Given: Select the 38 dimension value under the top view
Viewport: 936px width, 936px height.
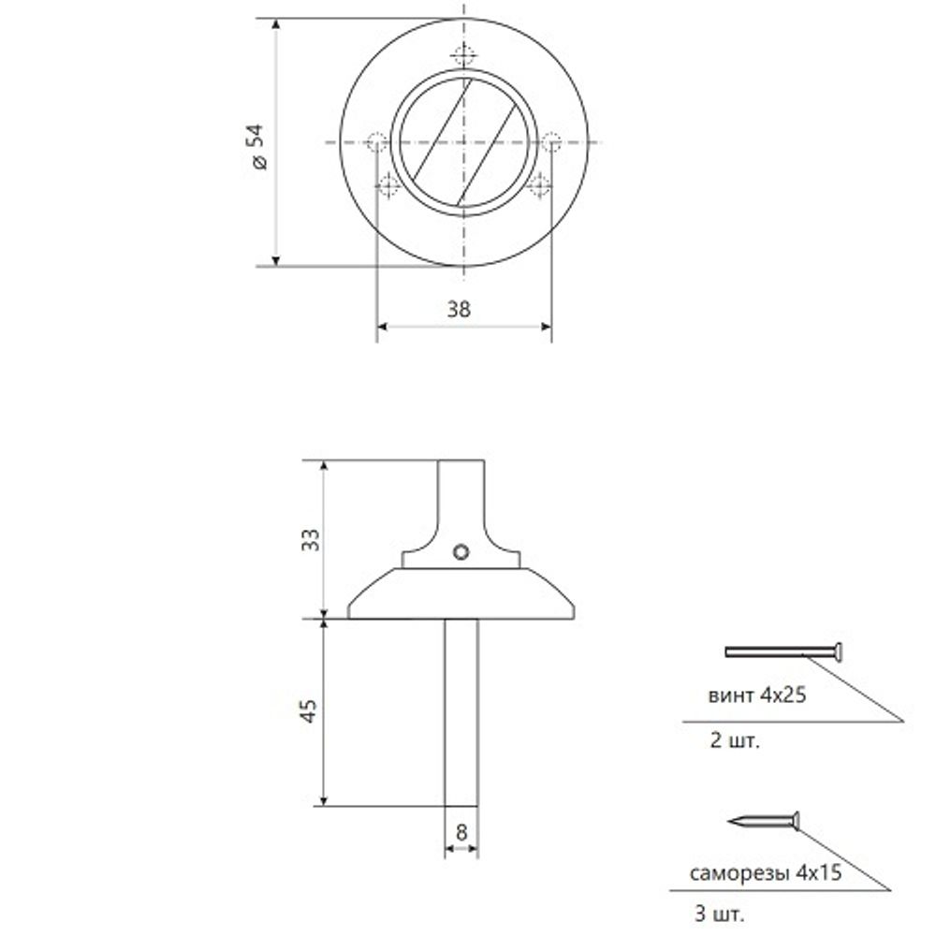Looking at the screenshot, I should click(459, 310).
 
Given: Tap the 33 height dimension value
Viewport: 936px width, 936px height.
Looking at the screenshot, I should click(311, 539).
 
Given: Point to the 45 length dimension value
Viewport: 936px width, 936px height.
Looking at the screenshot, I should click(311, 711).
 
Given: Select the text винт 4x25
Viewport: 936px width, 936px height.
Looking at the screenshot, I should click(758, 696).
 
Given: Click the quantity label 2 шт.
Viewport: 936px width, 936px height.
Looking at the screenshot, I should click(735, 743).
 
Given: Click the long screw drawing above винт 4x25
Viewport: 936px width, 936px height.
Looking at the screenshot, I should click(784, 651).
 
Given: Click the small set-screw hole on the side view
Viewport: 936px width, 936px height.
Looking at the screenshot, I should click(460, 552).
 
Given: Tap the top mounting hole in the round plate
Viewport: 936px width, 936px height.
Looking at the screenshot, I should click(462, 53).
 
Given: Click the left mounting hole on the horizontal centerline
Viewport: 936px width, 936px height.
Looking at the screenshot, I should click(377, 143).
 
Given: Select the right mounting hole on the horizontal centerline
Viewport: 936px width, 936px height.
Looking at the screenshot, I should click(550, 142).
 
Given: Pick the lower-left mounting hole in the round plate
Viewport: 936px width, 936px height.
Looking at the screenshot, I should click(388, 186).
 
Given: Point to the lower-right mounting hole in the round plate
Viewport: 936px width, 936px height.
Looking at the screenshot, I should click(538, 186).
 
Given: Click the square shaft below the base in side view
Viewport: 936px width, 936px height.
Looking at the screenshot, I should click(461, 711).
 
